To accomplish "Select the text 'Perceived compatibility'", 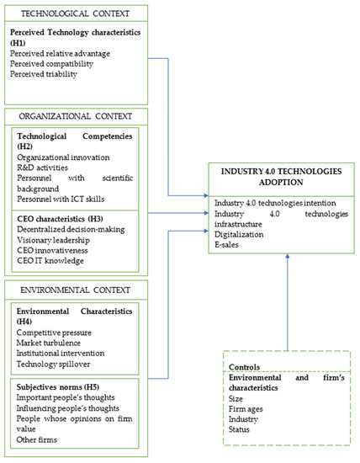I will [51, 62].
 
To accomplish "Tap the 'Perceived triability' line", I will [44, 74].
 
